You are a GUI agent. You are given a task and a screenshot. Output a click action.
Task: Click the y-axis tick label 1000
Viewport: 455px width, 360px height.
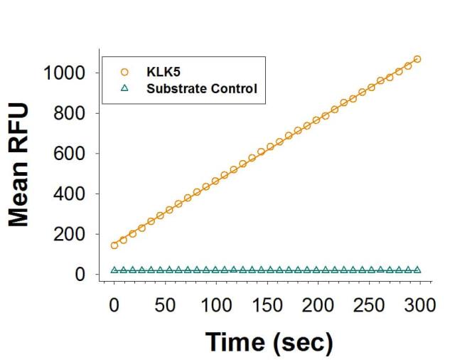[63, 73]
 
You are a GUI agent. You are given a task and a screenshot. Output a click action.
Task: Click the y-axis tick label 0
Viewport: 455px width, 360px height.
[82, 275]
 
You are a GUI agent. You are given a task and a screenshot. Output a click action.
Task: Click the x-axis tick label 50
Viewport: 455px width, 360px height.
[165, 307]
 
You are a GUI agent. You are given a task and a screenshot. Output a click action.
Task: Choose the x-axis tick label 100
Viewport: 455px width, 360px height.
[215, 307]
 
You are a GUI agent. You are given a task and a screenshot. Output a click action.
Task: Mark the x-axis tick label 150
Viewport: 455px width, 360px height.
[267, 307]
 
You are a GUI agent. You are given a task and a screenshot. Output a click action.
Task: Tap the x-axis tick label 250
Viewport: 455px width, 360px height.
[368, 307]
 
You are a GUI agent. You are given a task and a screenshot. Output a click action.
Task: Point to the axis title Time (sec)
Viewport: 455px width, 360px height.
[269, 342]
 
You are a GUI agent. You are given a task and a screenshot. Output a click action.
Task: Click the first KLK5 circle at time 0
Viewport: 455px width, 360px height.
[114, 245]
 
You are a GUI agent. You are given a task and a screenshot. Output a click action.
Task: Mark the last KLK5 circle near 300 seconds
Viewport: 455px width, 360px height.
[417, 59]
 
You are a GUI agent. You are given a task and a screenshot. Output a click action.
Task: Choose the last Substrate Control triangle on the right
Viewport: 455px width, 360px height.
[417, 270]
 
